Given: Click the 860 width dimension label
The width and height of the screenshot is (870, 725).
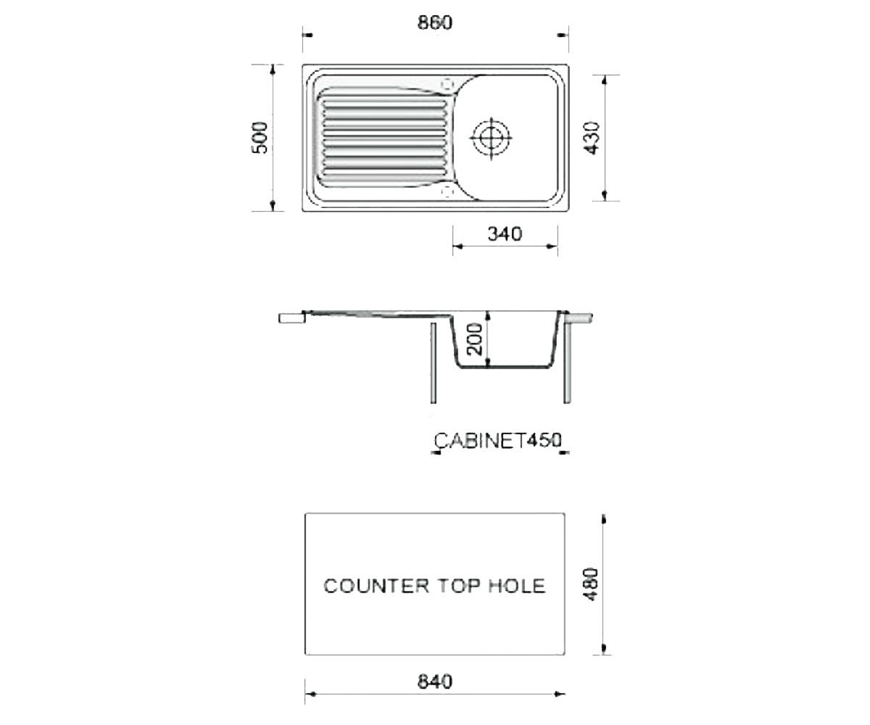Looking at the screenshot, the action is (x=434, y=23).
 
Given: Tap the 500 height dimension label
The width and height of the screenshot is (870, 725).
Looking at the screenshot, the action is (x=260, y=138).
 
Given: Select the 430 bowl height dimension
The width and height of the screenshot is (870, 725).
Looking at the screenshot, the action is (x=592, y=138).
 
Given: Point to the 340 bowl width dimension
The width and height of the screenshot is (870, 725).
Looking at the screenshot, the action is (x=505, y=234).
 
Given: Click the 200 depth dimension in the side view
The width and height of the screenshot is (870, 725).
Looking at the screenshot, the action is (x=475, y=339).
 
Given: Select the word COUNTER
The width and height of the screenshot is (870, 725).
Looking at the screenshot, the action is (x=376, y=586).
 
